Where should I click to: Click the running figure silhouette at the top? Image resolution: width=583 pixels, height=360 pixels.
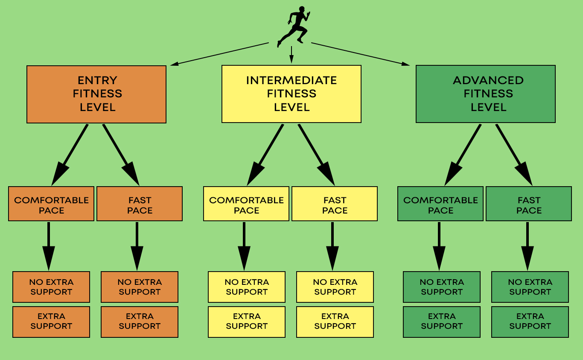[294, 25]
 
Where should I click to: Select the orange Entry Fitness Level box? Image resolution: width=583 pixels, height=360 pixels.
[96, 94]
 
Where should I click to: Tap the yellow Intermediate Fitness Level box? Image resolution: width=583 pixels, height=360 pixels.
[291, 94]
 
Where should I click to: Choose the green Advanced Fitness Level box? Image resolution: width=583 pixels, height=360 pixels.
[486, 94]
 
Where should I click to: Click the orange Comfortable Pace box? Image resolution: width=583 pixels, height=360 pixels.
[51, 204]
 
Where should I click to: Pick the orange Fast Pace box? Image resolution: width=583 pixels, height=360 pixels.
[140, 204]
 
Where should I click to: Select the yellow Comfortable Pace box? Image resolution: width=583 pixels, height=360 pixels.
[246, 204]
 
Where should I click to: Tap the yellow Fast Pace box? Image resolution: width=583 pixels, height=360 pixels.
[335, 204]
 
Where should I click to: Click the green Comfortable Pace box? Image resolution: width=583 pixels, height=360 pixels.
[440, 204]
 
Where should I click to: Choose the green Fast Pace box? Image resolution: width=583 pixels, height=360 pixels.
[529, 204]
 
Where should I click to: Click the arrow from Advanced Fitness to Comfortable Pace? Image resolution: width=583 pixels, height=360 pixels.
[463, 154]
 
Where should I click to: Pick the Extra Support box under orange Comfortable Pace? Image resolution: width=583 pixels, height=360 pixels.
[51, 322]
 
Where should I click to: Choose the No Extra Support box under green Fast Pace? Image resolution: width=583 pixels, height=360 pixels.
[530, 287]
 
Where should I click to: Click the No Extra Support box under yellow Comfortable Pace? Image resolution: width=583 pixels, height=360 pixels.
[247, 287]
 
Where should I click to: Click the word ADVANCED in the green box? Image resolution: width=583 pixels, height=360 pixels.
[488, 80]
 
